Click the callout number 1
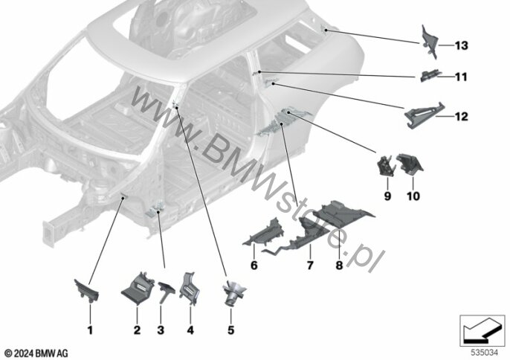90,329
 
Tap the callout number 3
159,329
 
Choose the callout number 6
254,264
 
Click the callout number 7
311,264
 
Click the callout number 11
461,77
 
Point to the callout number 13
461,46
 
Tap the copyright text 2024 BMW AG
36,352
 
